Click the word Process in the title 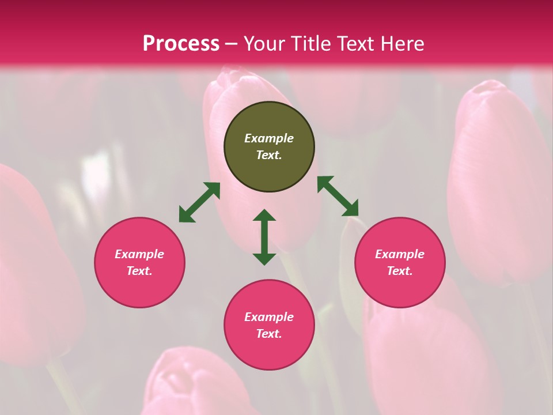click(181, 43)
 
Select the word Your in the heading click(265, 43)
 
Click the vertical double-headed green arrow click(264, 237)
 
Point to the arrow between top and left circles click(199, 202)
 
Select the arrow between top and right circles click(338, 196)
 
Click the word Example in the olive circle click(269, 138)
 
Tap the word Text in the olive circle click(269, 155)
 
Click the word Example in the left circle click(139, 254)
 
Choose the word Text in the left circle click(139, 271)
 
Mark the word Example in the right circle click(400, 254)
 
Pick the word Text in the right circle click(400, 271)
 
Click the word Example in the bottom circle click(269, 317)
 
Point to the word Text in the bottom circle click(269, 334)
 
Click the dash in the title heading click(232, 44)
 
